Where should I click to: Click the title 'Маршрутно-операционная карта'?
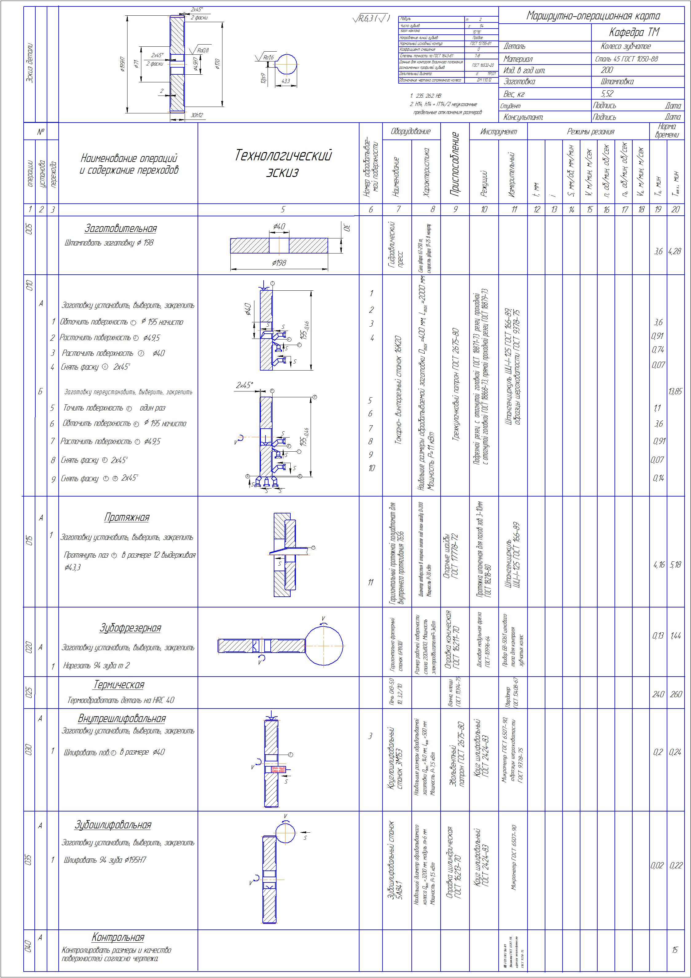(x=593, y=16)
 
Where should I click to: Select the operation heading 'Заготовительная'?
(x=121, y=229)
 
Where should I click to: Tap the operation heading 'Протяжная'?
(x=127, y=517)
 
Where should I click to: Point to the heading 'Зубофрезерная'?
(x=130, y=628)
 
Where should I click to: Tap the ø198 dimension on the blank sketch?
(x=279, y=263)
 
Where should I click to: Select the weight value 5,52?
(x=607, y=93)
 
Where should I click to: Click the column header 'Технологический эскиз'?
(x=283, y=163)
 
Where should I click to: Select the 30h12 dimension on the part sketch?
(x=196, y=115)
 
